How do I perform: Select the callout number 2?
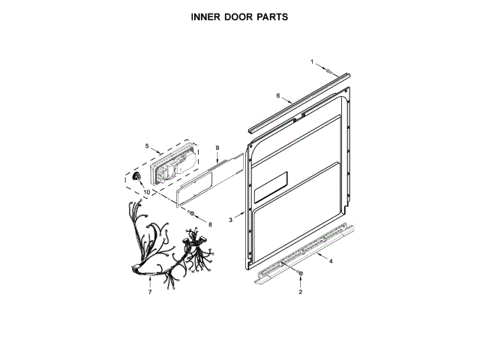300,292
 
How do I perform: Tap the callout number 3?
231,221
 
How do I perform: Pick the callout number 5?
147,146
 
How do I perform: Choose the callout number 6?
277,96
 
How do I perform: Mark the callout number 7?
149,292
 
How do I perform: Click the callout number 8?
210,223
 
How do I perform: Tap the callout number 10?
146,192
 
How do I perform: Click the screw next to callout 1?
329,69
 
